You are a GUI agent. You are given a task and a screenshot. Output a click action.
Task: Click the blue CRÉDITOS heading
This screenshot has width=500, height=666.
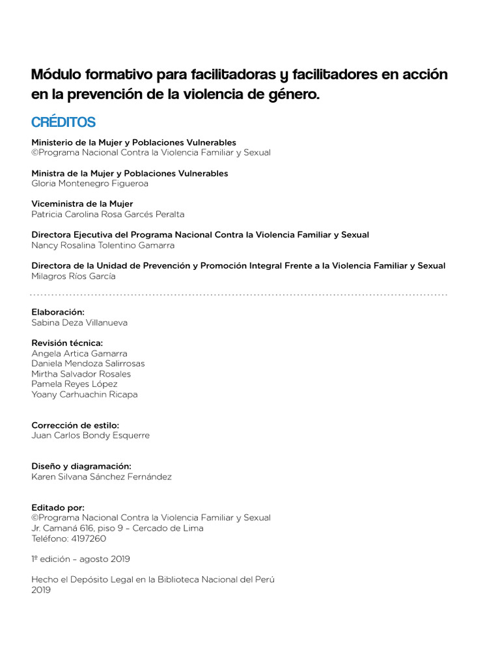point(63,122)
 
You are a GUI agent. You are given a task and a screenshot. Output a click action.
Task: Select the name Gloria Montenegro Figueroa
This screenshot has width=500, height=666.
point(90,183)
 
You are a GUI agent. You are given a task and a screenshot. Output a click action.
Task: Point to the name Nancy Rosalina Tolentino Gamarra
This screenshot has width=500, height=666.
point(103,245)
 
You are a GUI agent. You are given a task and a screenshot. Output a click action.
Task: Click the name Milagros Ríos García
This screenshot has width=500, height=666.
point(74,276)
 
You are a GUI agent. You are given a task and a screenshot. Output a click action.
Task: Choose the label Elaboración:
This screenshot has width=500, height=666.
point(58,312)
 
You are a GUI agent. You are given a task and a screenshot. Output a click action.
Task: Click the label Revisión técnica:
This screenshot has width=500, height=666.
point(67,343)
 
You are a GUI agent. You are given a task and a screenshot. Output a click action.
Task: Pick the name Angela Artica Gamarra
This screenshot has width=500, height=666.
point(79,353)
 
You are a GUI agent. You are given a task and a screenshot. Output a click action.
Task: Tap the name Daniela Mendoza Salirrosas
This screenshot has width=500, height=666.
point(88,364)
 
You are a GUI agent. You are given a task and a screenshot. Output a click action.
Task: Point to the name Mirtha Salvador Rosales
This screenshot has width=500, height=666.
point(81,374)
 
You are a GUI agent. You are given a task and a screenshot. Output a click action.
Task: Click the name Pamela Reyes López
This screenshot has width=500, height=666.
point(74,384)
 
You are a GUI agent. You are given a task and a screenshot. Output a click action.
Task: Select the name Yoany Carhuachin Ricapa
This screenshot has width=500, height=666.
point(85,394)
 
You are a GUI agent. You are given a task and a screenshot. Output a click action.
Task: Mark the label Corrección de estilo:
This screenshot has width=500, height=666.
point(75,425)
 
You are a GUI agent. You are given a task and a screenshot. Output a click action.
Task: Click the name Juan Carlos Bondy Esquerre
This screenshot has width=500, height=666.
point(90,435)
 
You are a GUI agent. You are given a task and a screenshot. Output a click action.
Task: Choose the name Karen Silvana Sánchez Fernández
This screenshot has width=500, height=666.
point(102,476)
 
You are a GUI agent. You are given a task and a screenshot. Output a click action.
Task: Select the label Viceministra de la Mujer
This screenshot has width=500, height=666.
point(83,204)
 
